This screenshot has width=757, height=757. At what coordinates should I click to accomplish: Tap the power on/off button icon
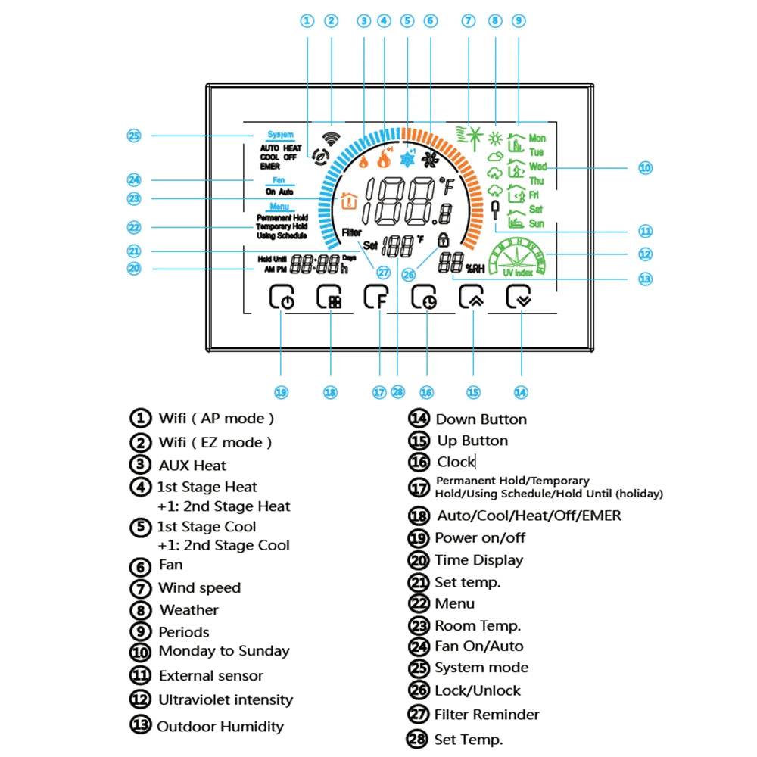point(282,298)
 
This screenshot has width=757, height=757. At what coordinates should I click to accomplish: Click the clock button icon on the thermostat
point(425,298)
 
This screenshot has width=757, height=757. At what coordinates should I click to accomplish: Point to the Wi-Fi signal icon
point(330,139)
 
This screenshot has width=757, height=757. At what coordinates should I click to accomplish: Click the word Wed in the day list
point(537,167)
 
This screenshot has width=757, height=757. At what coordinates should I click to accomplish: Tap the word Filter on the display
point(351,232)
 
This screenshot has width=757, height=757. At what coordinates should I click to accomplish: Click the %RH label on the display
point(475,267)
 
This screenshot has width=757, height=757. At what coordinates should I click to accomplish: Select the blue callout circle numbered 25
point(134,136)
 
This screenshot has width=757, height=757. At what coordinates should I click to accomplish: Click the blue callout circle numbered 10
point(645,167)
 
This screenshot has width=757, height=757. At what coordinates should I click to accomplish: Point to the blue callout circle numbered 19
point(282,391)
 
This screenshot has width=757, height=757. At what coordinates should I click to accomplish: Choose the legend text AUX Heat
point(192,466)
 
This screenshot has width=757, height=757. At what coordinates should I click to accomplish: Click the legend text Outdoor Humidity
point(220,727)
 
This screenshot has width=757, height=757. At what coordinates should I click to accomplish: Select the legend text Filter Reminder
point(487,715)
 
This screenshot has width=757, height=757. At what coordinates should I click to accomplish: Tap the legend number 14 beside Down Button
point(419,419)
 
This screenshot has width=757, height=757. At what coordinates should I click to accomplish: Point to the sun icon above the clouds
point(496,139)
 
